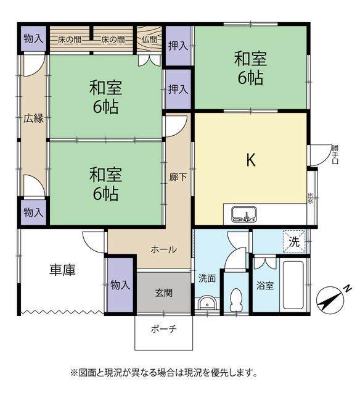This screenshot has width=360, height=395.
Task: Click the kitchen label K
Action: click(x=251, y=160)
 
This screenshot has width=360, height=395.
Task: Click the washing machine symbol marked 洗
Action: click(x=295, y=242)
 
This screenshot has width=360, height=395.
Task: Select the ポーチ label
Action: click(x=164, y=329)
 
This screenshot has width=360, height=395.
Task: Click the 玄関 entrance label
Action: click(x=163, y=292)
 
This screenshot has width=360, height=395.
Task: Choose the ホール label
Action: click(x=164, y=249)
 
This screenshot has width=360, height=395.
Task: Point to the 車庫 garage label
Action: click(x=63, y=270)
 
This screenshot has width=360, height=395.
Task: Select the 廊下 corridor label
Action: click(x=176, y=176)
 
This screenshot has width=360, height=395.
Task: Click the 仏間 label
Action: click(x=149, y=39)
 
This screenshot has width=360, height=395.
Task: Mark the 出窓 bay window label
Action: click(x=310, y=197)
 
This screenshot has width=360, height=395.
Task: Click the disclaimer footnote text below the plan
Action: click(x=163, y=373)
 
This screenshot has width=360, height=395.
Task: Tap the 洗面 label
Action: click(x=207, y=278)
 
